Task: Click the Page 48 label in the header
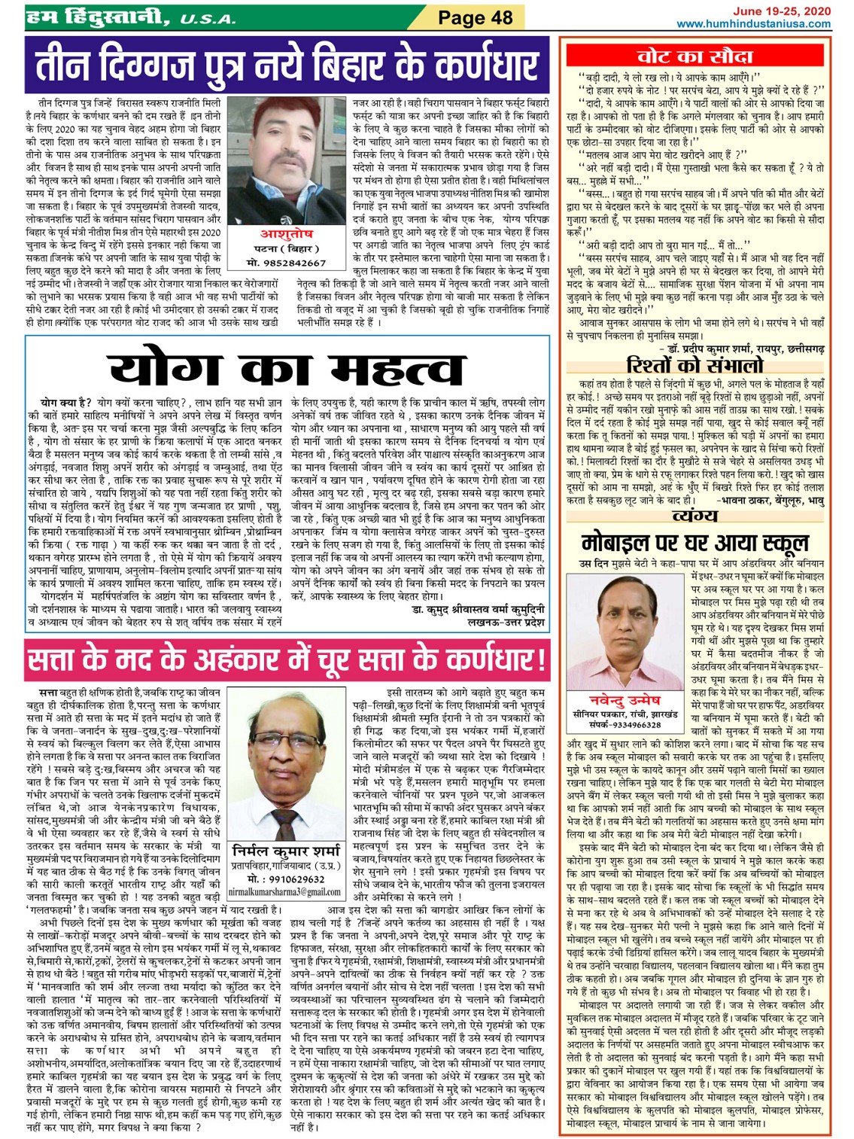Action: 475,17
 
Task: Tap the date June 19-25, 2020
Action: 782,11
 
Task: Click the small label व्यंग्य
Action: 694,516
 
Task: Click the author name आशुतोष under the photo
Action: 286,235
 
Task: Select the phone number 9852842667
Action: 287,263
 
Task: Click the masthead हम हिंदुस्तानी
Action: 98,17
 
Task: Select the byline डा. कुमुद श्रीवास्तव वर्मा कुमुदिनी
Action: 478,609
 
